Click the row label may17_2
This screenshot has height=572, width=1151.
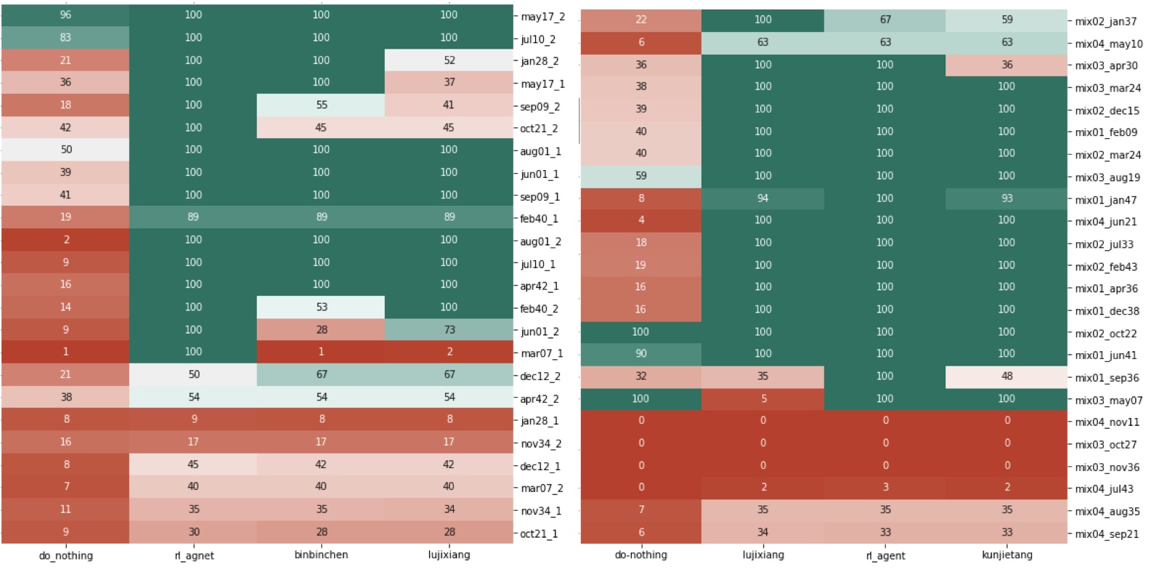point(542,16)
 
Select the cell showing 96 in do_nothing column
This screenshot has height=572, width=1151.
point(65,15)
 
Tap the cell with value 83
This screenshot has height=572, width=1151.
point(65,37)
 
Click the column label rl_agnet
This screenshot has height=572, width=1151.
point(193,555)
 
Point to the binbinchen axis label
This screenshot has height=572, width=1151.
point(321,555)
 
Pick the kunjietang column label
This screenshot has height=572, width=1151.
point(1006,555)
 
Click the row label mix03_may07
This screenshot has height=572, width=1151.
point(1108,400)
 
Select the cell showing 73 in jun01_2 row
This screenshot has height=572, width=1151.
point(449,329)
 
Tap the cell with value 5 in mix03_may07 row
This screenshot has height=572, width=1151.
point(762,398)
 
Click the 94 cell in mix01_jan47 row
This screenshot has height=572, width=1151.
point(762,198)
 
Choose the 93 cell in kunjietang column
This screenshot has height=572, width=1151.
point(1006,198)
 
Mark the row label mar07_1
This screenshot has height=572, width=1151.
point(542,353)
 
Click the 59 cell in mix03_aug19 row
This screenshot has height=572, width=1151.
point(640,175)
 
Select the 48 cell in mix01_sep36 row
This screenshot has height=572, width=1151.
point(1006,376)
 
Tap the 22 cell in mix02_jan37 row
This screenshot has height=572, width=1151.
point(640,20)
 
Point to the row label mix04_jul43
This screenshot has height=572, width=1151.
point(1104,489)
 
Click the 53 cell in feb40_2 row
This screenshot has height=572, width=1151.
point(321,307)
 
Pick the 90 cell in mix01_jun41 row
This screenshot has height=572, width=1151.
point(640,353)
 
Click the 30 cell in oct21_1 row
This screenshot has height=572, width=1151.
point(193,531)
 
